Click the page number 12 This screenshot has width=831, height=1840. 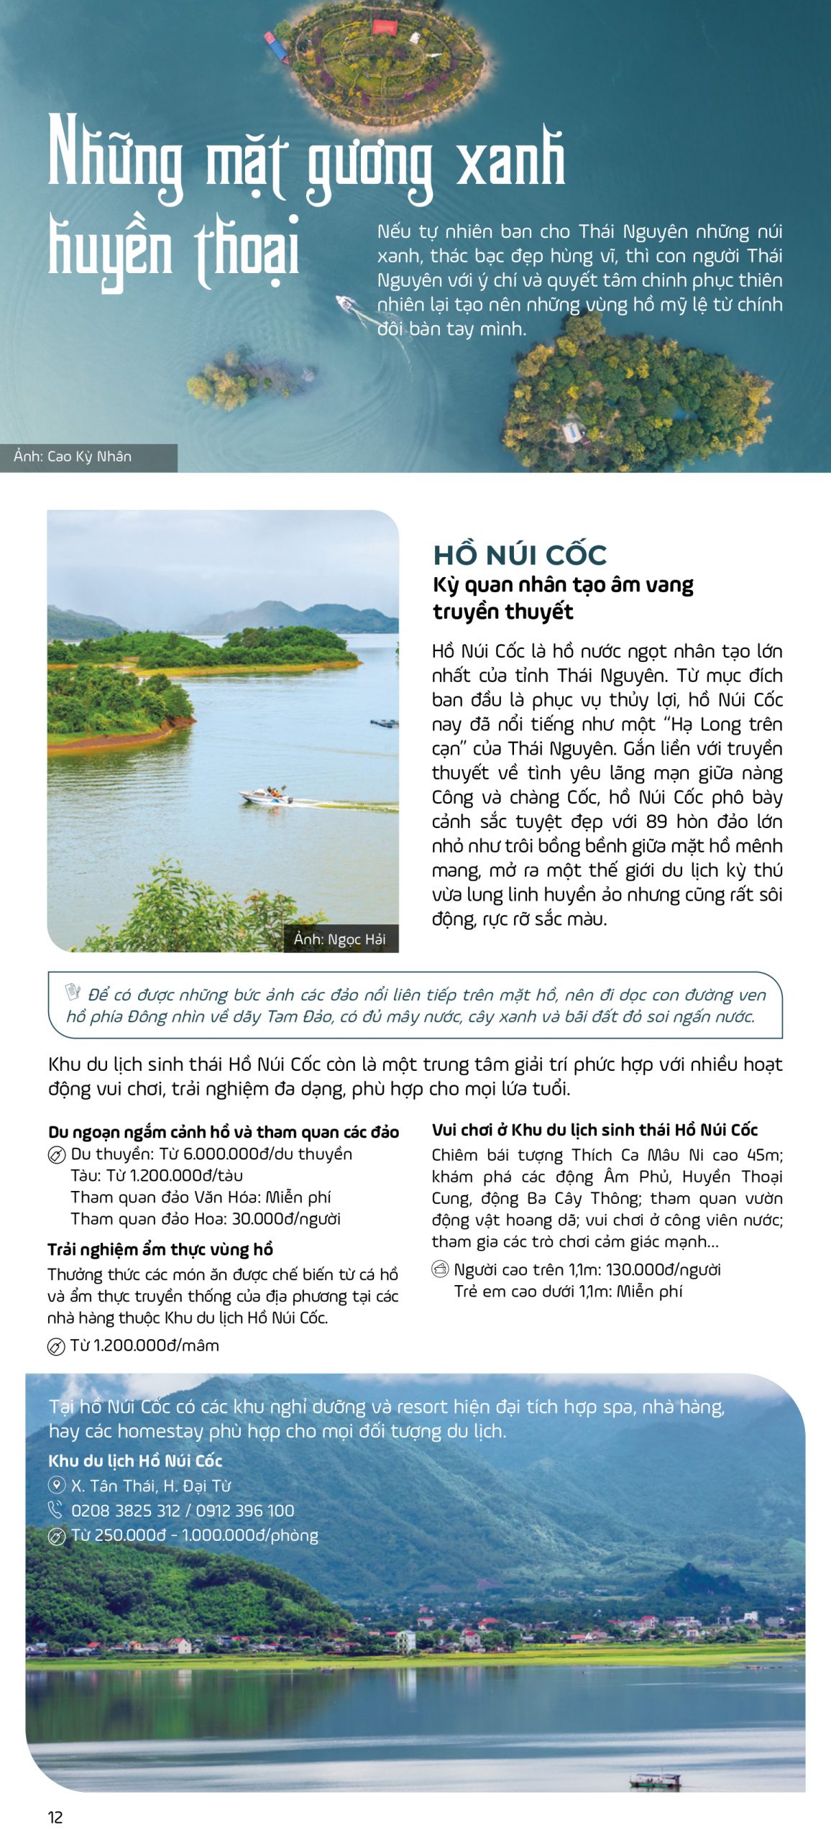click(x=55, y=1817)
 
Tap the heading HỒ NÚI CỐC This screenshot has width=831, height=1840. click(x=520, y=554)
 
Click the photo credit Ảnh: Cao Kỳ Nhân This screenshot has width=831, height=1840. click(x=73, y=456)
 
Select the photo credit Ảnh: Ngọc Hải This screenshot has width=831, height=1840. click(x=339, y=939)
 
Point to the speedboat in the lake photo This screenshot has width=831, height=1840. click(x=266, y=795)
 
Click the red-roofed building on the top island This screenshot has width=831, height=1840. click(x=385, y=27)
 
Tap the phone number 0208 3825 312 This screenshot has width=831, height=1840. click(x=125, y=1510)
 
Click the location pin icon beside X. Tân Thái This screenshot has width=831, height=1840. click(x=56, y=1485)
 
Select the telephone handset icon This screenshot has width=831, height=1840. click(x=56, y=1509)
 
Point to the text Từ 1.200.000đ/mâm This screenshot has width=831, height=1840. click(x=144, y=1345)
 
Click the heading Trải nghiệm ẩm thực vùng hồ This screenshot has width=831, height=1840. click(x=160, y=1249)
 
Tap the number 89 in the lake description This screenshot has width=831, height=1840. click(x=656, y=822)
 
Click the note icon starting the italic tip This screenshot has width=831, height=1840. click(x=73, y=992)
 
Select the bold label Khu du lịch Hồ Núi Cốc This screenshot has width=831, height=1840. click(x=135, y=1460)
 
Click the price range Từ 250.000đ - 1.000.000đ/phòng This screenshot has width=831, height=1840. click(x=194, y=1535)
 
